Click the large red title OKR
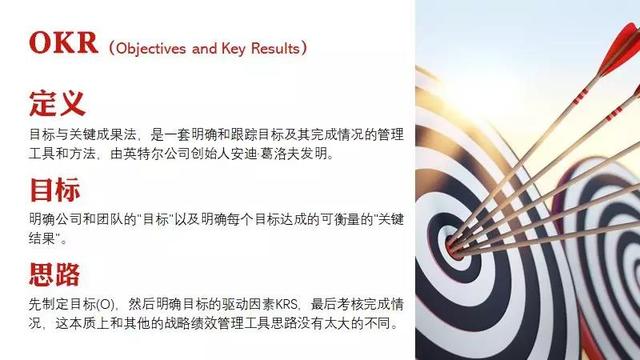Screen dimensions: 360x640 pos(64,44)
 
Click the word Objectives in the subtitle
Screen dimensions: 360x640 pos(152,48)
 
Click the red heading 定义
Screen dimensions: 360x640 pos(57,103)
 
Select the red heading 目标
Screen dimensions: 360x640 pos(57,189)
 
